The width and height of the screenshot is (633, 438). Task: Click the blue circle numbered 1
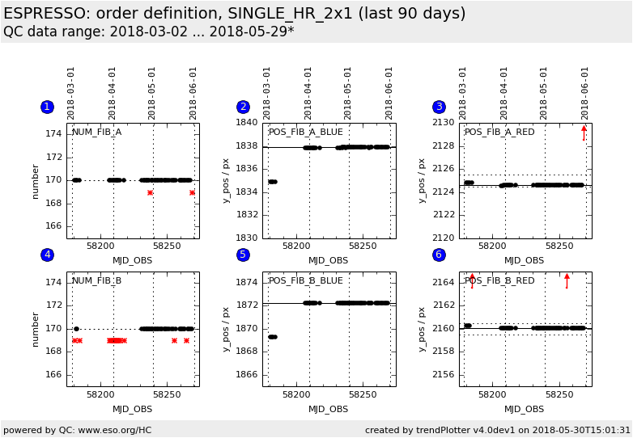click(x=47, y=107)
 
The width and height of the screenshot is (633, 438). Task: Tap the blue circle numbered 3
click(x=439, y=107)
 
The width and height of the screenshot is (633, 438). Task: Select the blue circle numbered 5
click(x=243, y=255)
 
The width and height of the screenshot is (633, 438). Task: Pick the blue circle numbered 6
click(x=439, y=255)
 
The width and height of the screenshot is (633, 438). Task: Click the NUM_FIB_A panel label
click(x=96, y=132)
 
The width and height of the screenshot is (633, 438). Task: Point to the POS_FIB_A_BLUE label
click(x=306, y=132)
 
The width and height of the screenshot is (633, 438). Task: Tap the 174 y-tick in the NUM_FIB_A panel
click(x=53, y=134)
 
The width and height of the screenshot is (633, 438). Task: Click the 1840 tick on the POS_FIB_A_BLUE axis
click(x=246, y=123)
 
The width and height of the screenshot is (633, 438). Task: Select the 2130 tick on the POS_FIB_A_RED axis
click(x=443, y=123)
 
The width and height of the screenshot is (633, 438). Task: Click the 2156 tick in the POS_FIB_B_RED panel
click(x=443, y=374)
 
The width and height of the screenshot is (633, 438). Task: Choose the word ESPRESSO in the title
click(x=49, y=14)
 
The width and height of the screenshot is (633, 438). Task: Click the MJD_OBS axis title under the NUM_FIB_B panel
click(x=133, y=409)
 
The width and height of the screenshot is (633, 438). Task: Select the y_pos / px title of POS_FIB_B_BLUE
click(x=226, y=328)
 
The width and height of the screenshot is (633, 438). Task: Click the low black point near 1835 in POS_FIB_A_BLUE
click(x=273, y=182)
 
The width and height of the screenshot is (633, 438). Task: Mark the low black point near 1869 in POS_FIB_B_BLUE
click(x=273, y=337)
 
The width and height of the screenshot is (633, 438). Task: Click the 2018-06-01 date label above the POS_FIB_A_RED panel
click(x=585, y=93)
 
